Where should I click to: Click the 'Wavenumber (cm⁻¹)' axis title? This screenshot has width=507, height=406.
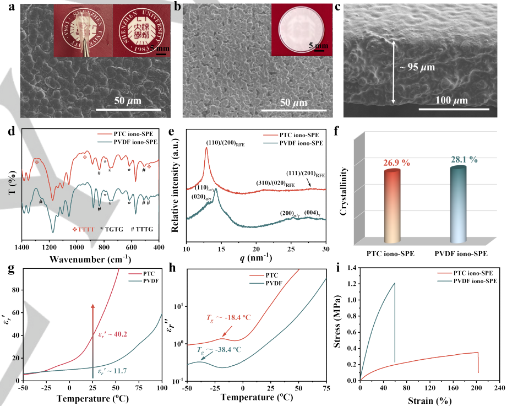coord(90,258)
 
